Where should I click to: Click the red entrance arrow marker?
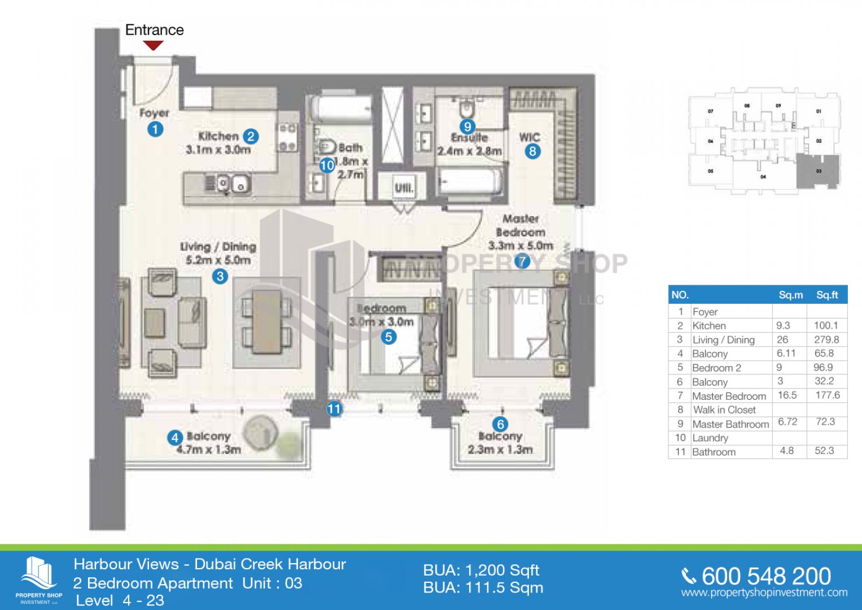click(153, 45)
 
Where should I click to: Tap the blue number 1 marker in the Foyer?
click(155, 129)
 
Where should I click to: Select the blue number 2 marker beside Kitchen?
click(251, 136)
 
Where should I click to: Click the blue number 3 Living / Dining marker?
click(220, 276)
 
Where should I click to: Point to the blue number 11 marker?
click(334, 408)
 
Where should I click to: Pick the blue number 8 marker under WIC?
click(532, 151)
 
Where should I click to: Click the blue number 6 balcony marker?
click(500, 424)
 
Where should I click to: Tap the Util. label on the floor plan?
click(404, 187)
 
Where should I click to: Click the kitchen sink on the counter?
click(234, 184)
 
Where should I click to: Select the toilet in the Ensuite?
click(467, 108)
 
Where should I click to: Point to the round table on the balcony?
click(261, 433)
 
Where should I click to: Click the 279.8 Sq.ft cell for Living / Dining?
click(826, 339)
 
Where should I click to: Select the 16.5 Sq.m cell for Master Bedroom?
click(787, 395)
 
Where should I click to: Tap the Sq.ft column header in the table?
click(827, 295)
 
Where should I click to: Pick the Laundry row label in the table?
click(710, 438)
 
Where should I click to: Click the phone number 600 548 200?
click(765, 576)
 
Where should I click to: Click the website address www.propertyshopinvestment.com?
click(764, 592)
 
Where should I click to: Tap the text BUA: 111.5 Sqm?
click(483, 588)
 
